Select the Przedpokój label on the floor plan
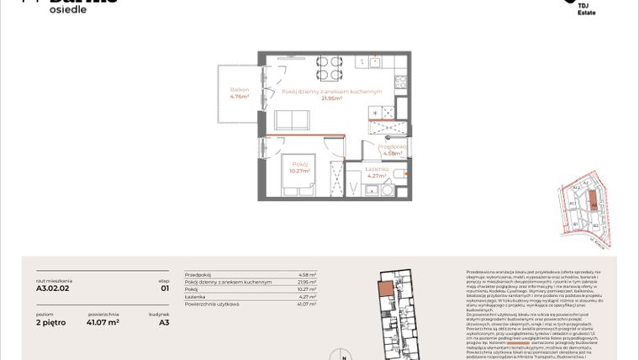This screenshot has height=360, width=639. pos(393,146)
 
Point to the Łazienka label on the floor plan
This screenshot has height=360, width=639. pos(378,169)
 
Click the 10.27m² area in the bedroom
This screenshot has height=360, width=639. pos(300,170)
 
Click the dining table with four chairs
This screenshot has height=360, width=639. pos(329,66)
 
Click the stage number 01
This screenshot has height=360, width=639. pos(165,288)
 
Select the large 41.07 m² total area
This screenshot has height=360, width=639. pos(103,321)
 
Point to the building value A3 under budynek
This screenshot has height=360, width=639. pos(165,321)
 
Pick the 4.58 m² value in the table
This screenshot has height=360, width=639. pos(307,274)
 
